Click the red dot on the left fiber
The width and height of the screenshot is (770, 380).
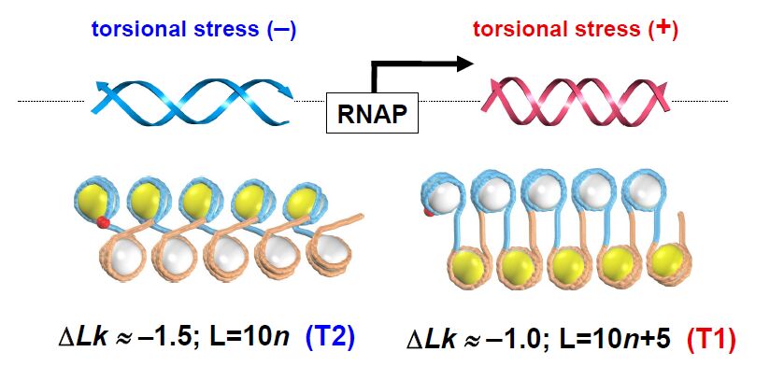point(103,222)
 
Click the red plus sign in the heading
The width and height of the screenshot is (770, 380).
point(664,27)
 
